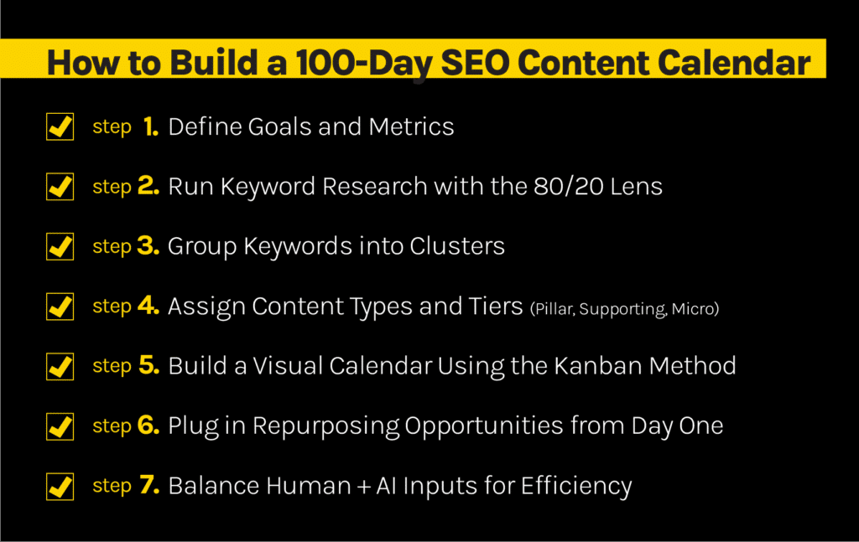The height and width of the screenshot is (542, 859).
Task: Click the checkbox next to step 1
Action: point(60,126)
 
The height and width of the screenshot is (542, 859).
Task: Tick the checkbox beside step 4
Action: point(60,307)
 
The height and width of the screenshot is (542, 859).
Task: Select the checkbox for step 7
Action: point(60,486)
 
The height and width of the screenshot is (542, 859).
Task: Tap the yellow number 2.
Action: point(148,186)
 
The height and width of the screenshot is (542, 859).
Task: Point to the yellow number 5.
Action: point(149,365)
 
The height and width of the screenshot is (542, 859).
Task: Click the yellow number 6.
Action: point(148,425)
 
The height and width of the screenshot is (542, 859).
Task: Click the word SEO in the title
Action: point(475,62)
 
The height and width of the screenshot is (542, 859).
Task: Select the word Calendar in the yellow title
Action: point(733,62)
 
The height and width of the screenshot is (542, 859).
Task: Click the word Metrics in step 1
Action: point(411,126)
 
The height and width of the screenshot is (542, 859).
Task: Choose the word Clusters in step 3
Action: point(457,246)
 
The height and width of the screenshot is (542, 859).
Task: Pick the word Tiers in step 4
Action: point(496,307)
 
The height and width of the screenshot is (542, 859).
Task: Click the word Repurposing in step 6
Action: point(326,426)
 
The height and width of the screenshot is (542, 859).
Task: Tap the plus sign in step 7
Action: point(364,487)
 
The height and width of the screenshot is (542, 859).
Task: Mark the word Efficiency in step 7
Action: point(576,487)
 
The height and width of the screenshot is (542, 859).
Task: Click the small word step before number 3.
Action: point(112,247)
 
